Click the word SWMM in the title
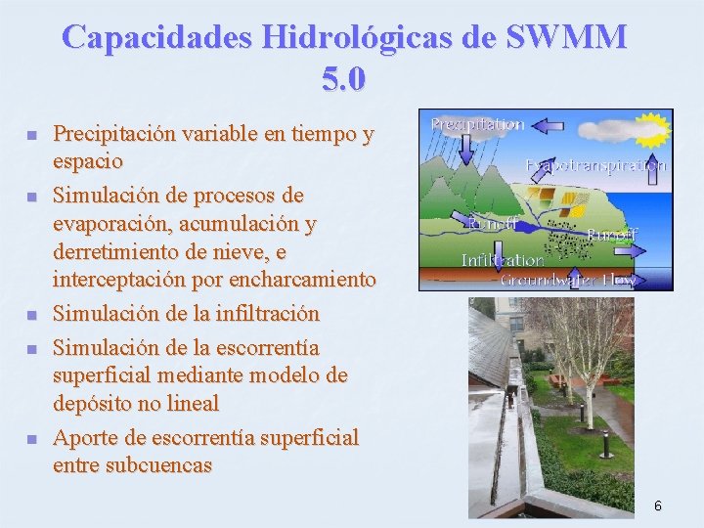pos(568,37)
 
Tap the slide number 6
pos(658,506)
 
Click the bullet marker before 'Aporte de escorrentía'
pos(30,439)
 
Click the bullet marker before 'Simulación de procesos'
pos(30,198)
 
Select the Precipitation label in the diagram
pos(477,124)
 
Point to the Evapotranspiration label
pos(596,165)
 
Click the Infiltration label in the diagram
pos(502,260)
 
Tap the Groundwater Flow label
pos(568,280)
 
